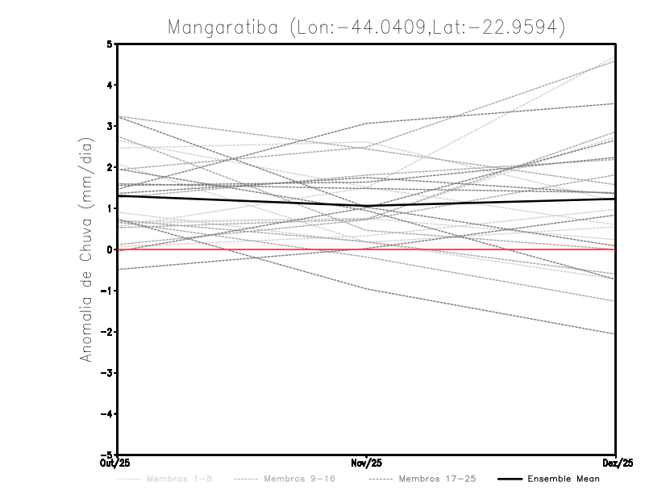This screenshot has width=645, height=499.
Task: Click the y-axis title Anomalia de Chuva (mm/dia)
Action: (86, 249)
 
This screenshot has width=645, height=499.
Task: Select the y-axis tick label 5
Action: (110, 44)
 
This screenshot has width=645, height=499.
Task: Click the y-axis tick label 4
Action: (110, 85)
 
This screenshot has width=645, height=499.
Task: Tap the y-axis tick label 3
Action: (110, 126)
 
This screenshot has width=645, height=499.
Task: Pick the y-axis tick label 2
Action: (110, 167)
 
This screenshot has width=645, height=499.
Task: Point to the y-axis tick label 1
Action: (110, 208)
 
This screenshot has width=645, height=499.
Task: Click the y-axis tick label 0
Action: (110, 249)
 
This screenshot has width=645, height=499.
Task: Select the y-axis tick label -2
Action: (107, 332)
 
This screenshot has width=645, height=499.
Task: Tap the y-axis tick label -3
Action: (107, 373)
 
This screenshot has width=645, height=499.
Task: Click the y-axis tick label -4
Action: (107, 413)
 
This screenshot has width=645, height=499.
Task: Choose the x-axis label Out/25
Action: (115, 463)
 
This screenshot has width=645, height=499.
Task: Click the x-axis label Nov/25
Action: (367, 463)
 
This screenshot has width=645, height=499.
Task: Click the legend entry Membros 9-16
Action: (299, 480)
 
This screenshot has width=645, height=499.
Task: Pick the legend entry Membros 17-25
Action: (437, 480)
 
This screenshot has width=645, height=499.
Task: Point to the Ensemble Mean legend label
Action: (564, 480)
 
